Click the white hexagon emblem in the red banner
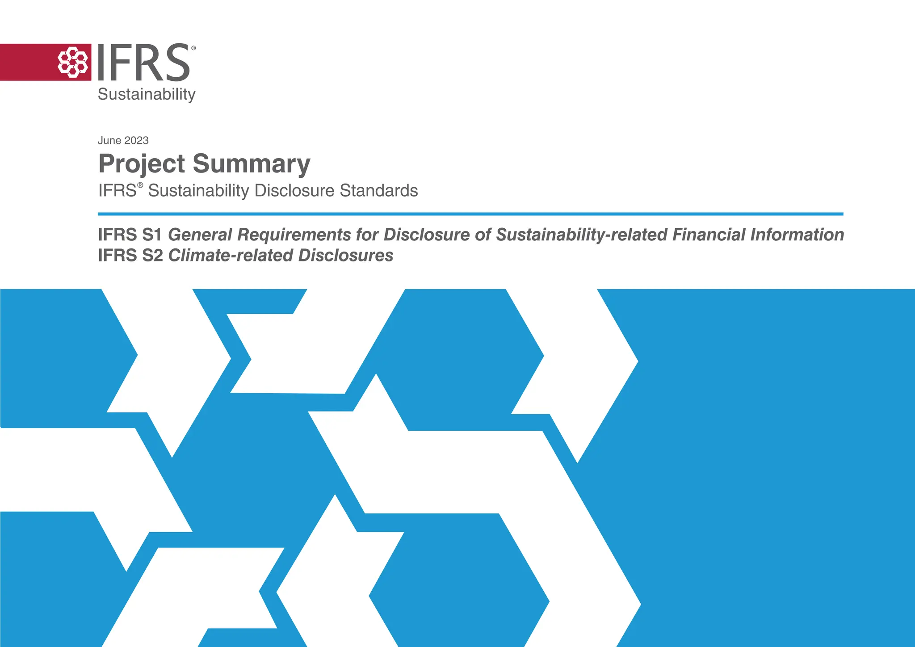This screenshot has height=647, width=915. (72, 62)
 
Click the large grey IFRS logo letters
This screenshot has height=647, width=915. (143, 63)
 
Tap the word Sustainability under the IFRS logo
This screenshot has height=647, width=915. (147, 94)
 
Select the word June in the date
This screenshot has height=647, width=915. (109, 140)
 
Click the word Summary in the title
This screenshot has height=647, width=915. (252, 164)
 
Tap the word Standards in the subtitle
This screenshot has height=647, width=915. (379, 190)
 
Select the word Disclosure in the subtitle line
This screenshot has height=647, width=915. (294, 190)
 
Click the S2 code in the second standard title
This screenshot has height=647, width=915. (153, 255)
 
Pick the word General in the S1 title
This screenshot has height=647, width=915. (200, 235)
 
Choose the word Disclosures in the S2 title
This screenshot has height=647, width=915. (345, 255)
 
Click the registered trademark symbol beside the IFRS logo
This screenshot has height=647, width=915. (193, 48)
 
